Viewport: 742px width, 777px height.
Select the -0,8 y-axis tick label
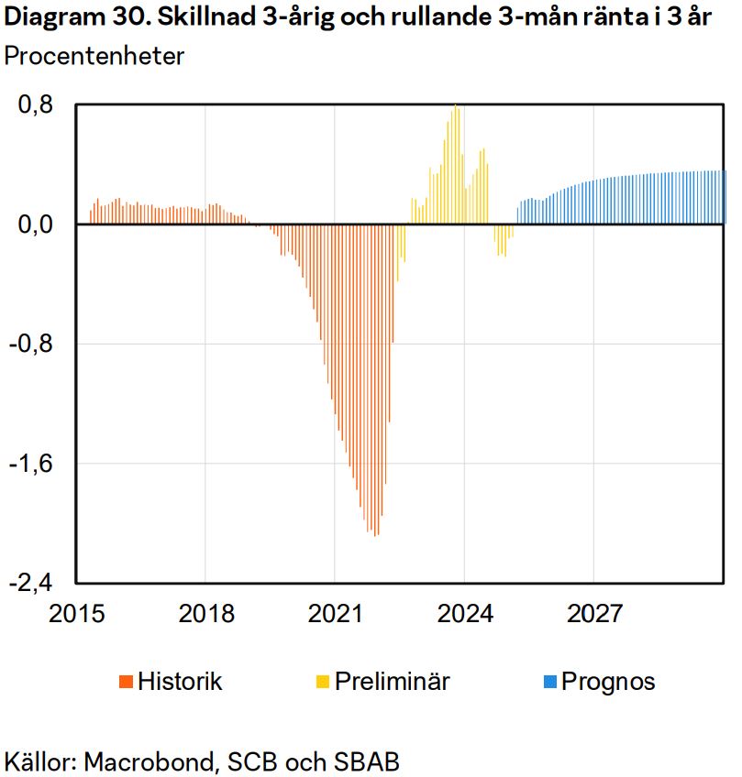click(35, 345)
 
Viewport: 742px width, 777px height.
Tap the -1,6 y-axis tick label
click(35, 464)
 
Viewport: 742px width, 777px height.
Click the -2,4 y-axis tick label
click(35, 584)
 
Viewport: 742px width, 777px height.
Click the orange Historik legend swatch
click(126, 682)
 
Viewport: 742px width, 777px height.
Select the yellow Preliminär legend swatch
click(323, 682)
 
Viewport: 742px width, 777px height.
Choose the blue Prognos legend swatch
click(549, 682)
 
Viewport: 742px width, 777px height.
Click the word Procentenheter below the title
click(94, 56)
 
